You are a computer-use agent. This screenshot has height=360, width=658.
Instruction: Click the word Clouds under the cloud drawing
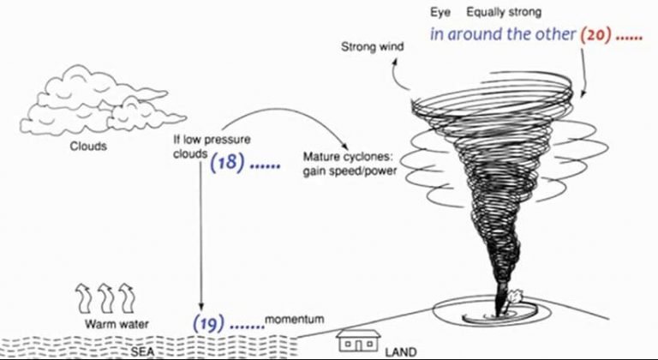point(88,147)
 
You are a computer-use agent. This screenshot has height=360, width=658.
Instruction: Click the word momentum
point(294,320)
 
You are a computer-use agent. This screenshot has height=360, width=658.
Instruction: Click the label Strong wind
point(373,46)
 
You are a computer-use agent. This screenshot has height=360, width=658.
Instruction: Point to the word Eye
point(440,13)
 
